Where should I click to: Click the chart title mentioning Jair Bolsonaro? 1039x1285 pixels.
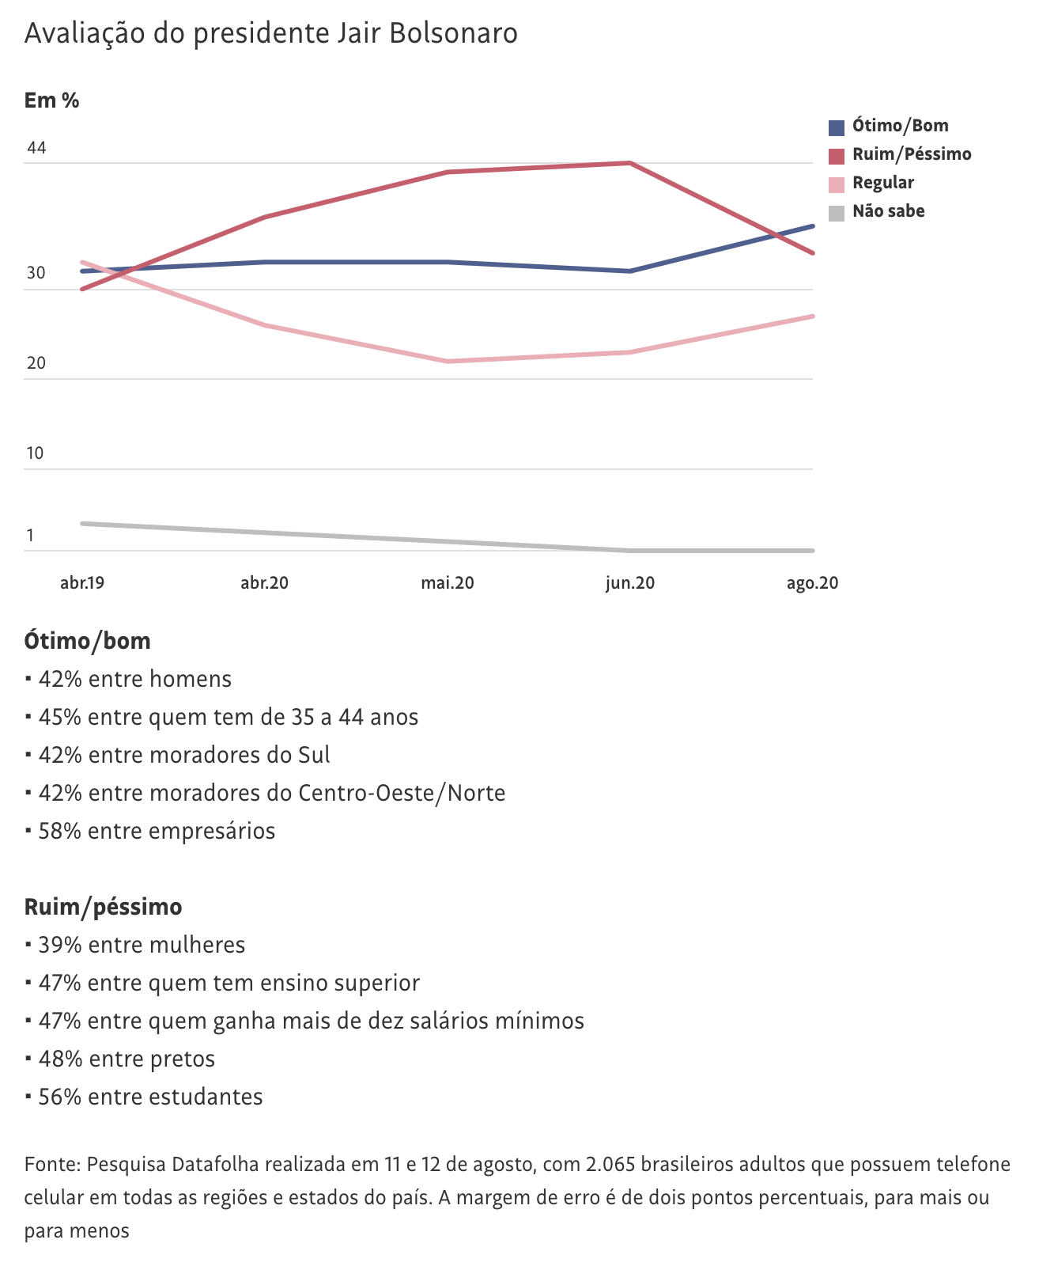click(271, 33)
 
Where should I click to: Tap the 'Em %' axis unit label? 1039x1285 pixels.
click(51, 100)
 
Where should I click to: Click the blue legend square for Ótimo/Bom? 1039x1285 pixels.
click(836, 127)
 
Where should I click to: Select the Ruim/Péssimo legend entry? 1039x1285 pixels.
click(911, 154)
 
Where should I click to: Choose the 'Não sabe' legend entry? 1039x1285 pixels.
click(888, 211)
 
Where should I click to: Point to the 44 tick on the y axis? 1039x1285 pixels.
click(36, 149)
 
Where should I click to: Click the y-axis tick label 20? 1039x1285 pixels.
click(36, 364)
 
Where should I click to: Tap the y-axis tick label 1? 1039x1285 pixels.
click(30, 536)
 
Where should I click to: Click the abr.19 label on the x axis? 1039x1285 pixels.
click(82, 583)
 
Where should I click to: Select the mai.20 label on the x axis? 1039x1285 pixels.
click(448, 583)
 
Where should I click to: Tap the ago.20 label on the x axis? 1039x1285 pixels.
click(812, 583)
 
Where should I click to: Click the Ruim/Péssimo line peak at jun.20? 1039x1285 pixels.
click(629, 163)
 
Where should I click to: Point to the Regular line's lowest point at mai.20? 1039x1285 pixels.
click(448, 362)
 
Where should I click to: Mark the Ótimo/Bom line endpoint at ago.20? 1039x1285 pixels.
click(812, 226)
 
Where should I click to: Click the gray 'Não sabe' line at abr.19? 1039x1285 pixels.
click(82, 523)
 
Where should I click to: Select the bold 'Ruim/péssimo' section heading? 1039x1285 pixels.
click(103, 906)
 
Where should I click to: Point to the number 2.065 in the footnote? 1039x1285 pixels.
click(610, 1165)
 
